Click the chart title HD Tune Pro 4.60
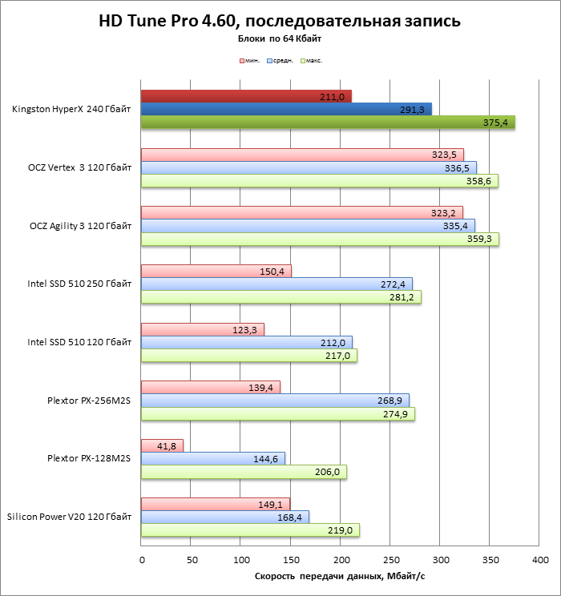[280, 21]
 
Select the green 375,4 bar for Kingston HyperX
[328, 123]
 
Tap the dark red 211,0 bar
[246, 96]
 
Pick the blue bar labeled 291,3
[286, 109]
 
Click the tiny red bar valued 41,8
[162, 445]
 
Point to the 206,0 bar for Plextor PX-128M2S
[244, 472]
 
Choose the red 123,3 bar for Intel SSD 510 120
[202, 329]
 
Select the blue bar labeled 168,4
[224, 517]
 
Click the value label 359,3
[482, 240]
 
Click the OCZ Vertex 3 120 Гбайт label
[79, 167]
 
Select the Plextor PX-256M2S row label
[89, 400]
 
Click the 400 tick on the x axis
[540, 559]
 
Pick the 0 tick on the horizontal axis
[141, 559]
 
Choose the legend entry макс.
[311, 60]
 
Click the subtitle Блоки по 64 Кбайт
[280, 38]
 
